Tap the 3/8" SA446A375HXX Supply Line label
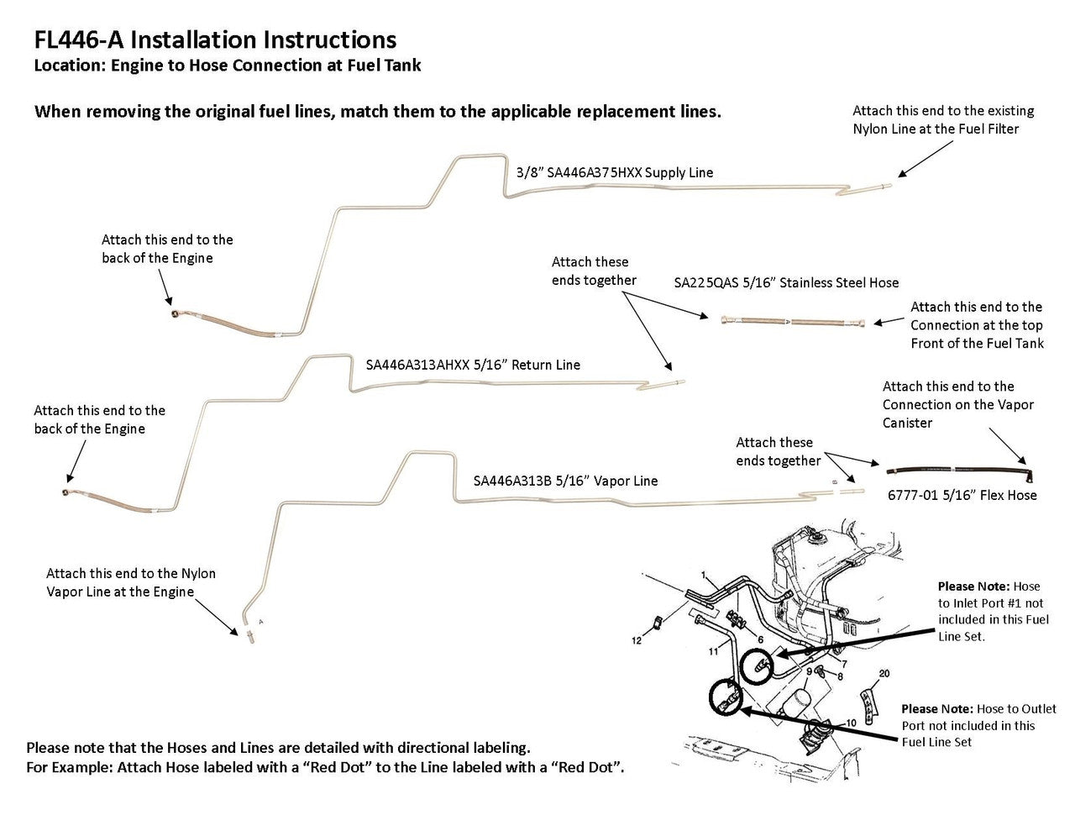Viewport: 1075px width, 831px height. pyautogui.click(x=615, y=172)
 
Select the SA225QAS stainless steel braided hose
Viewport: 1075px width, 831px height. pyautogui.click(x=793, y=321)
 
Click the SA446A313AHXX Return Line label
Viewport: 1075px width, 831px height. pyautogui.click(x=473, y=365)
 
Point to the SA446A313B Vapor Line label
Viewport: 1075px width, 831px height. pyautogui.click(x=565, y=481)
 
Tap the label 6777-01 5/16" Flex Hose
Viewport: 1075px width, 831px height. pyautogui.click(x=962, y=495)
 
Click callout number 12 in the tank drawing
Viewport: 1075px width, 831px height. pyautogui.click(x=637, y=641)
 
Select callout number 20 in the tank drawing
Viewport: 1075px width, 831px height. pyautogui.click(x=884, y=674)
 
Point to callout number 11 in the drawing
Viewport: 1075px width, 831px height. pyautogui.click(x=713, y=650)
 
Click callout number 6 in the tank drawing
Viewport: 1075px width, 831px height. pyautogui.click(x=760, y=639)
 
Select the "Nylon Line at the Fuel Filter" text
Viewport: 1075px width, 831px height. pyautogui.click(x=936, y=129)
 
